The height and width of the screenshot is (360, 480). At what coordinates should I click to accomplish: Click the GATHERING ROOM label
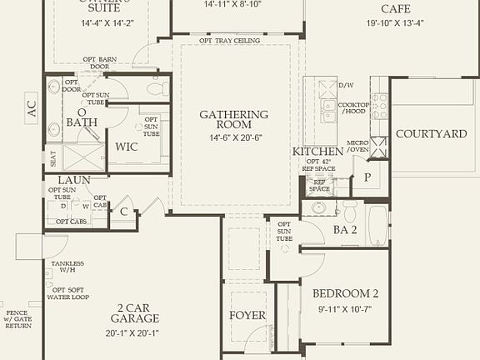point(233,119)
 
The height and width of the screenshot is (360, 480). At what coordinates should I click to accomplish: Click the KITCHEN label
point(317,151)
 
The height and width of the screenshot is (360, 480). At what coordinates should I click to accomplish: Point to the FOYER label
point(247,316)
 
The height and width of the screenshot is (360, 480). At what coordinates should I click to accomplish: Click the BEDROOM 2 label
point(346,293)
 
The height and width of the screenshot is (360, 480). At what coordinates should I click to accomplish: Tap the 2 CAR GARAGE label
point(134,312)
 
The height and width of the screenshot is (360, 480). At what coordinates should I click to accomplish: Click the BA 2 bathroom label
point(345,229)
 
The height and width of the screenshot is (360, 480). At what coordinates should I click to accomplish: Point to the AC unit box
point(32,108)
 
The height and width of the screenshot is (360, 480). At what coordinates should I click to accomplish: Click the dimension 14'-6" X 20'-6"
point(233,137)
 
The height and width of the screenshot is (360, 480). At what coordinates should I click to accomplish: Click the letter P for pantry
point(367,177)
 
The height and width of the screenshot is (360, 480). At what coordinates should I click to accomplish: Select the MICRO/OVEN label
point(357,146)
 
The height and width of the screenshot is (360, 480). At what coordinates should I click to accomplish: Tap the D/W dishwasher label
point(347,85)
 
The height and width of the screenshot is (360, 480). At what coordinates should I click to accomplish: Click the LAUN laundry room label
point(74,179)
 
